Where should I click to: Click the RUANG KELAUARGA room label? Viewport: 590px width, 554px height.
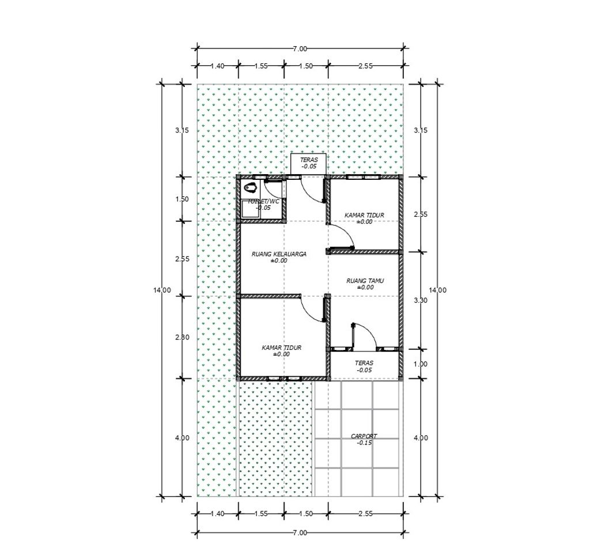(x=279, y=254)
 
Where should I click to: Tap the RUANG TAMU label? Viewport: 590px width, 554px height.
(x=365, y=281)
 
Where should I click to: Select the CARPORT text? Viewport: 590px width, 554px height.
(x=364, y=436)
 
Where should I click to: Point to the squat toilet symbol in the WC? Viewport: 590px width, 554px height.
(x=250, y=187)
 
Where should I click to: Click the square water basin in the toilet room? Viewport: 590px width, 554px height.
(x=251, y=209)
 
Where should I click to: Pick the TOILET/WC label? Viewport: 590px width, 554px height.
(x=263, y=201)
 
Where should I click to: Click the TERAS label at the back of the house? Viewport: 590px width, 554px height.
(x=309, y=160)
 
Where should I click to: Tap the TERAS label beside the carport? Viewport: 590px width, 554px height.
(x=364, y=363)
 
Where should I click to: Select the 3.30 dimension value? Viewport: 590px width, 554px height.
(x=420, y=300)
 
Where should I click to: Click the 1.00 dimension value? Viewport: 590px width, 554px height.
(x=420, y=364)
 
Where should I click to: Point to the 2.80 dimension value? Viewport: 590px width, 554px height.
(x=182, y=337)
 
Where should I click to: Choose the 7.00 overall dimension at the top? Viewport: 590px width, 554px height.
(x=300, y=48)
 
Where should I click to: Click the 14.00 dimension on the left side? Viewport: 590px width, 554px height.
(x=162, y=290)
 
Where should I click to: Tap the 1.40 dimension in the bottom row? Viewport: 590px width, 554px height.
(x=217, y=513)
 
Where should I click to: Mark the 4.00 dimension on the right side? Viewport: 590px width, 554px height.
(x=420, y=438)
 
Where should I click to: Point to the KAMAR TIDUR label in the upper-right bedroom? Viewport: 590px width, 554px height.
(x=364, y=215)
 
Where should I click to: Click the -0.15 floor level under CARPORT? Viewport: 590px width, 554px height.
(x=364, y=443)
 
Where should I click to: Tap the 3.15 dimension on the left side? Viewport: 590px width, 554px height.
(x=182, y=131)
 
